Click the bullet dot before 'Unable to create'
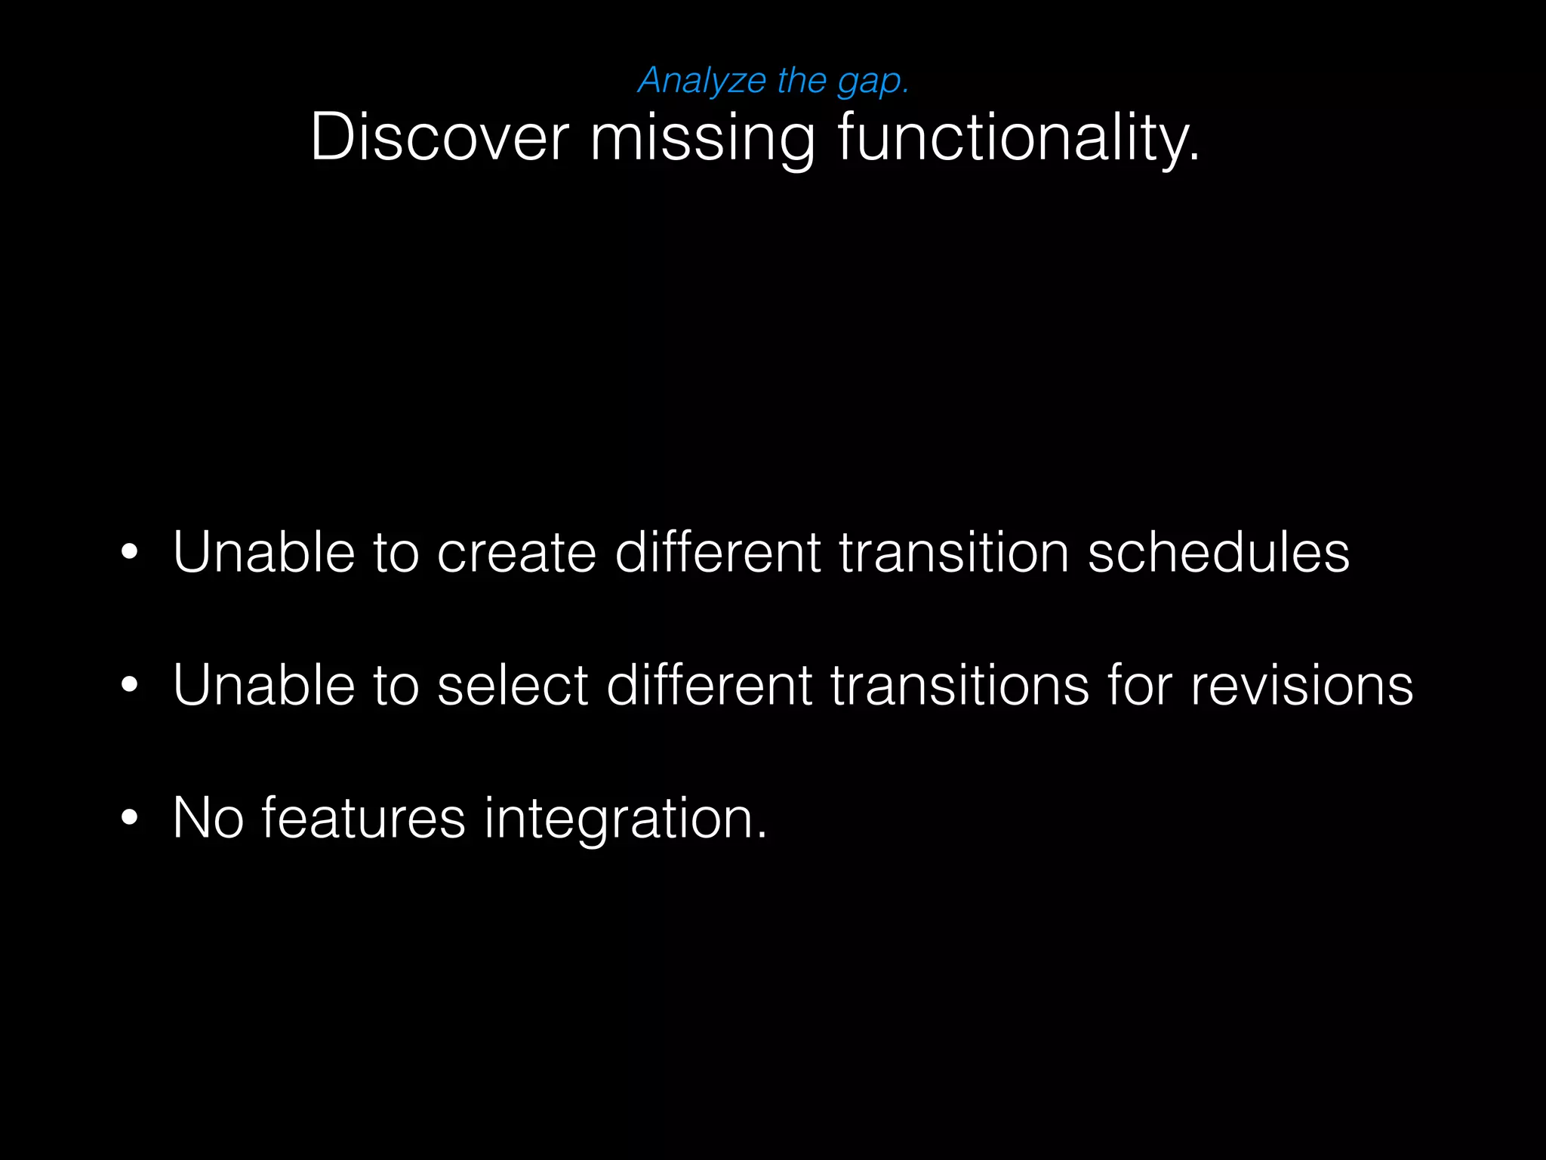tap(130, 552)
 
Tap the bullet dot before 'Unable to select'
tap(130, 685)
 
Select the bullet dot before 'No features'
tap(130, 818)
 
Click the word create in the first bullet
tap(516, 552)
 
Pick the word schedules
tap(1218, 552)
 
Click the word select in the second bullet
tap(512, 685)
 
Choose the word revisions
tap(1301, 685)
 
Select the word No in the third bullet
tap(208, 818)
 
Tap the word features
tap(363, 818)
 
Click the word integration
tap(625, 818)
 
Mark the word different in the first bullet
tap(717, 552)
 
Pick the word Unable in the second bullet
tap(263, 685)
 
